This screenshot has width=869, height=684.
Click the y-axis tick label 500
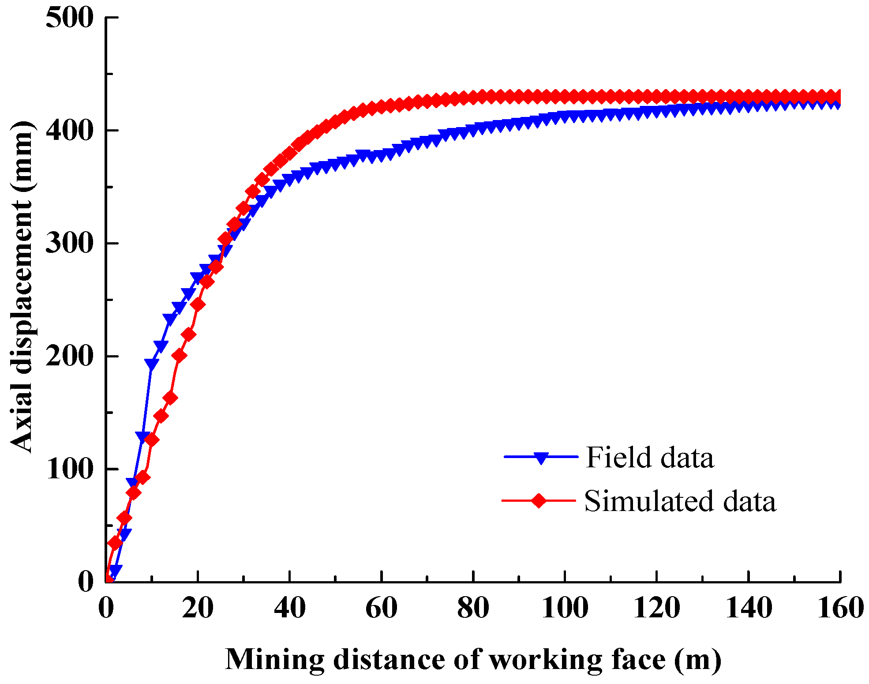coord(70,19)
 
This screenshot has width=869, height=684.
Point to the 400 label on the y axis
coord(70,131)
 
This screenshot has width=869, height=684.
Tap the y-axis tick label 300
coord(70,244)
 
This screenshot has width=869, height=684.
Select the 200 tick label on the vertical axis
coord(70,357)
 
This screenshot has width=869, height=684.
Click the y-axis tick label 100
coord(70,469)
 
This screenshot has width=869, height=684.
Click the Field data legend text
coord(649,458)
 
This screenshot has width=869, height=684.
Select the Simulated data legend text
coord(680,501)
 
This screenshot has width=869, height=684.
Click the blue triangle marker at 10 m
coord(151,364)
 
